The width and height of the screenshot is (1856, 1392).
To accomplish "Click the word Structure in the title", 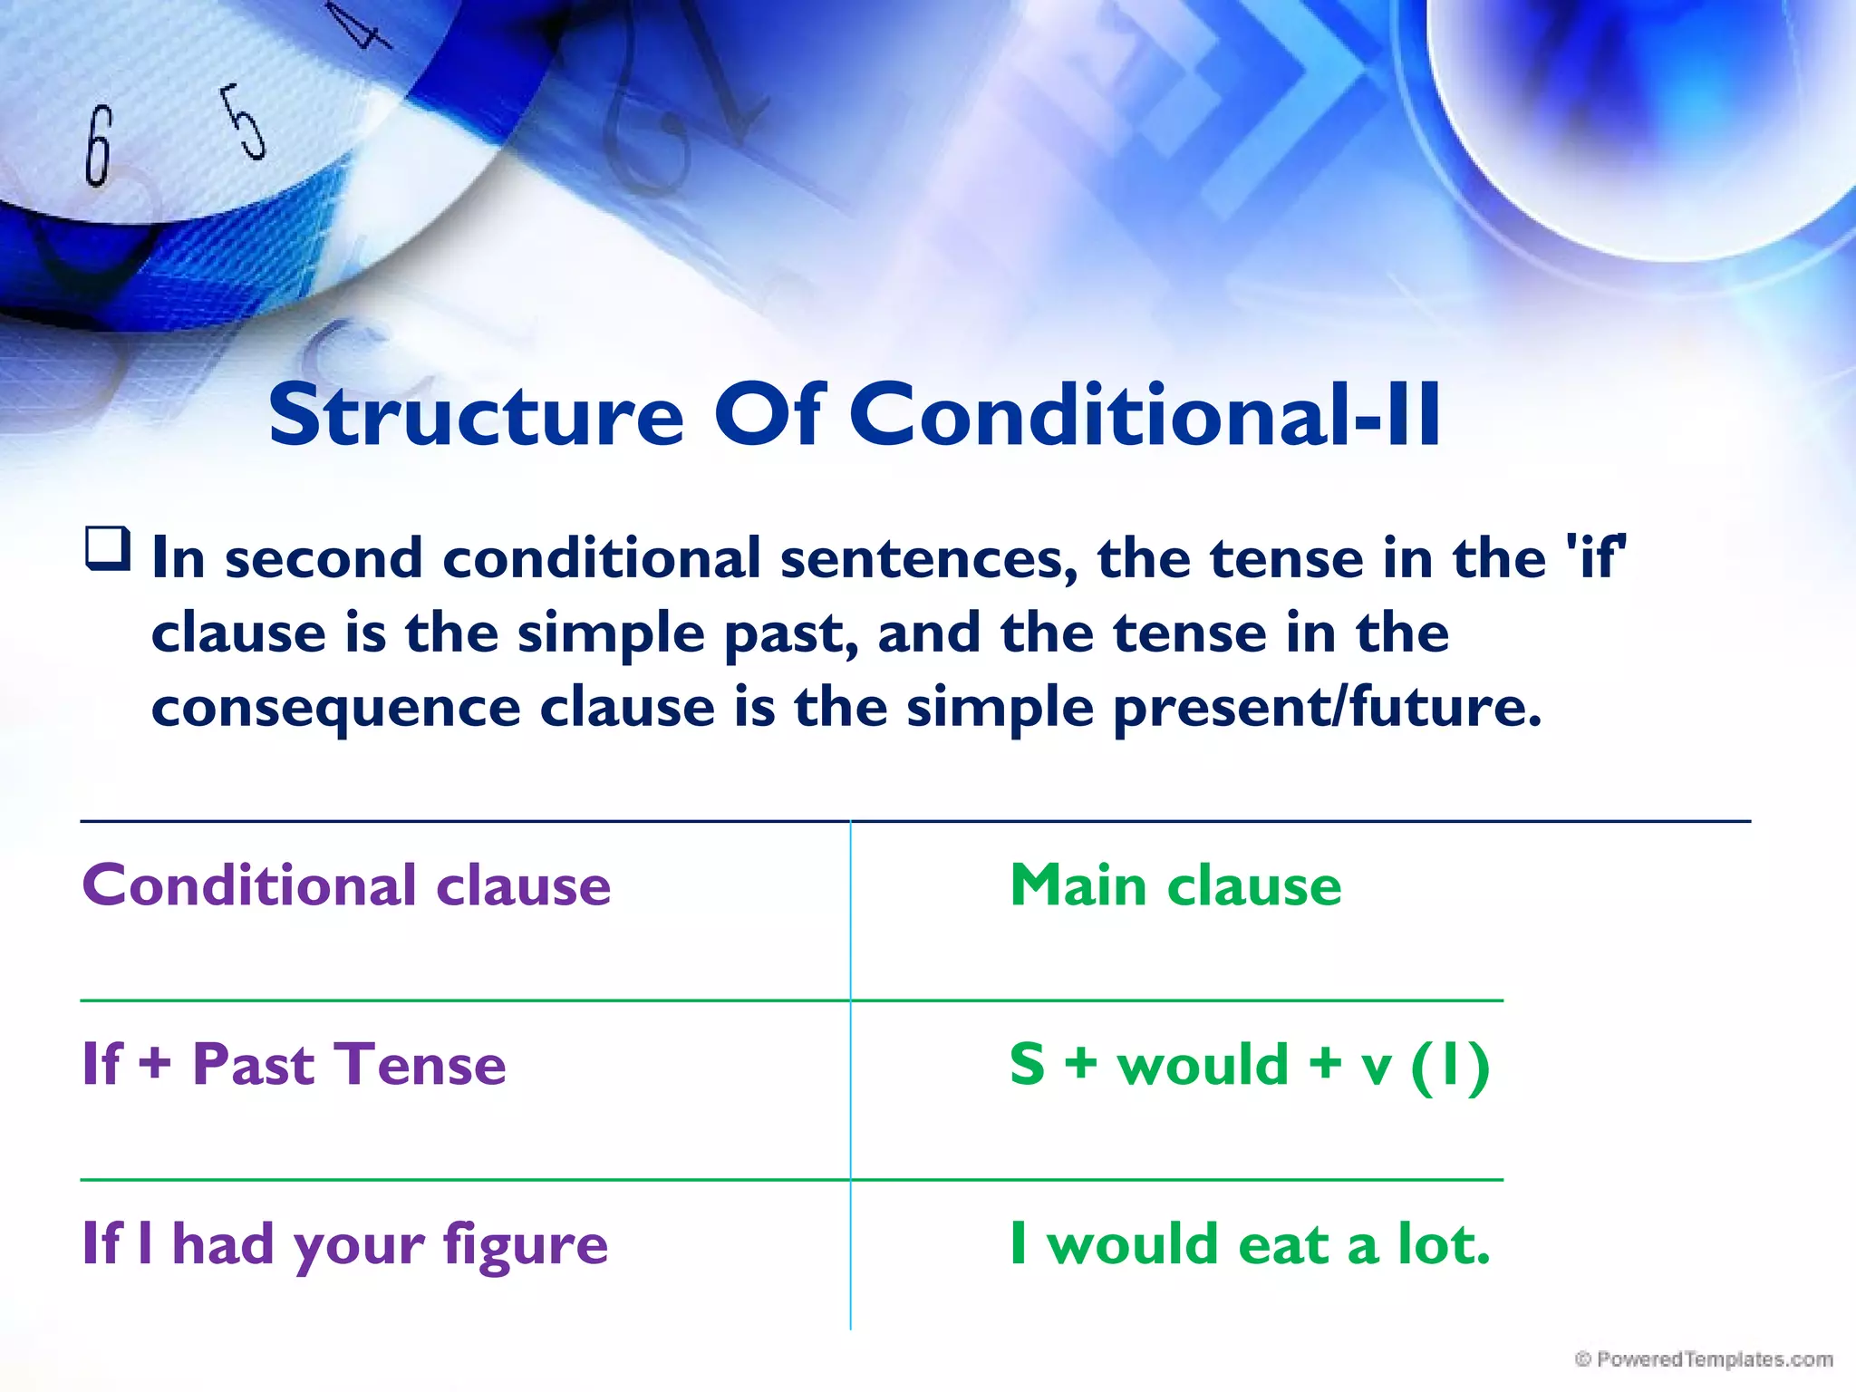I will click(475, 415).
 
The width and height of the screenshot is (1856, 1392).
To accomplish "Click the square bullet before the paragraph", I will click(108, 548).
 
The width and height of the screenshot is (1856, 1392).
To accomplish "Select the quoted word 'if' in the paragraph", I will click(1596, 557).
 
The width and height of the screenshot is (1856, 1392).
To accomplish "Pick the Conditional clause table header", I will click(346, 885).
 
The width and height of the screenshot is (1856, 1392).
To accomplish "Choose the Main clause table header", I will click(1175, 885).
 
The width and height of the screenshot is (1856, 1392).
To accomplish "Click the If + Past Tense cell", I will click(294, 1064).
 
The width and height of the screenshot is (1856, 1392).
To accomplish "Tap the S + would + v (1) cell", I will click(1249, 1064).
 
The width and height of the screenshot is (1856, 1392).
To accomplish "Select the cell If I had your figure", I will click(344, 1244).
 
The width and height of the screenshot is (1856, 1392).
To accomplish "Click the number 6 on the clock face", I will click(99, 145).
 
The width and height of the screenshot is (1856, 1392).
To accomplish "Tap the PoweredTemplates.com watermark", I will click(1704, 1359).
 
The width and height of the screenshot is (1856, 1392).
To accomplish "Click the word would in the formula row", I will click(1202, 1064).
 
